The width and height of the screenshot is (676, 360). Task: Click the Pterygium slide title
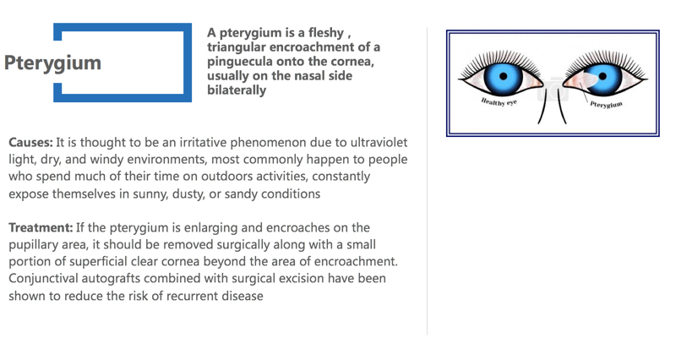[52, 63]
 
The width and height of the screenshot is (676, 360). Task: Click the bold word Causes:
[30, 142]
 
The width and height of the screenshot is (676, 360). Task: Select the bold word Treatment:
[41, 227]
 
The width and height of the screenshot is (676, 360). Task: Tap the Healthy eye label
[499, 102]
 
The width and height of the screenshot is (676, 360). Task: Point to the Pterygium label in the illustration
[606, 104]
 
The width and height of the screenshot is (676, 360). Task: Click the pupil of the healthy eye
[503, 76]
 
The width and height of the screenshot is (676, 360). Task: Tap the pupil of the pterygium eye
[602, 76]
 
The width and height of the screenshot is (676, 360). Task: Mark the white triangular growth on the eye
[588, 79]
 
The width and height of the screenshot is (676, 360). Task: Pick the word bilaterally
[237, 90]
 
